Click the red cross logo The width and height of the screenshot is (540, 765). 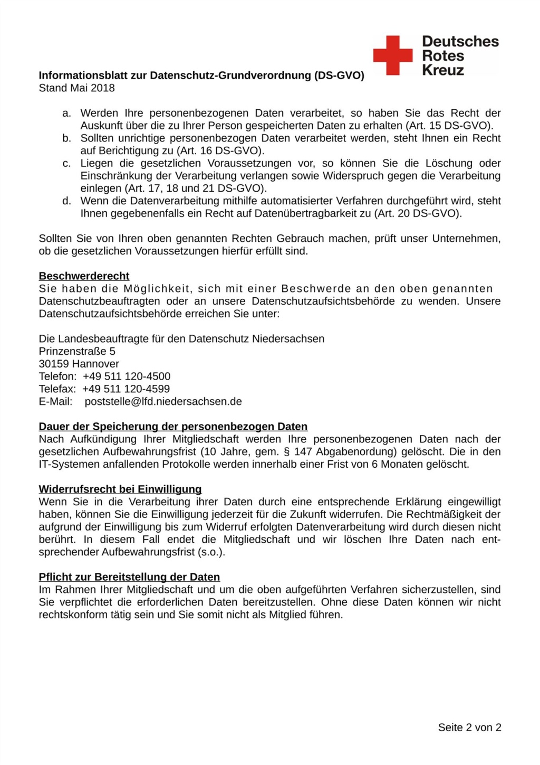pyautogui.click(x=393, y=55)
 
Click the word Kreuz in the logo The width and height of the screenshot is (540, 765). pyautogui.click(x=443, y=70)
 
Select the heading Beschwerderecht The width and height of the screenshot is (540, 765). pyautogui.click(x=84, y=276)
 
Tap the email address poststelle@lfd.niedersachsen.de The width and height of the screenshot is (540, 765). pyautogui.click(x=163, y=402)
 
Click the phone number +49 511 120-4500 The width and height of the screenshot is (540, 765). pyautogui.click(x=127, y=376)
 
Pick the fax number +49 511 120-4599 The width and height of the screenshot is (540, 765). pyautogui.click(x=126, y=389)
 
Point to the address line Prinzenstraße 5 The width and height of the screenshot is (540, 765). pyautogui.click(x=77, y=352)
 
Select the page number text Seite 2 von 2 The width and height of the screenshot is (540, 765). pyautogui.click(x=469, y=728)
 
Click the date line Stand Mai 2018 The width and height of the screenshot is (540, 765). pyautogui.click(x=76, y=88)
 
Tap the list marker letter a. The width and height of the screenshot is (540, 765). pyautogui.click(x=66, y=114)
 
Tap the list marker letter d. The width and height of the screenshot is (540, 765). pyautogui.click(x=66, y=201)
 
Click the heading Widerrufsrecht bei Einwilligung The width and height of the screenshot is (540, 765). pyautogui.click(x=120, y=489)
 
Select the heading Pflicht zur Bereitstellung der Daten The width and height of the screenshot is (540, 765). pyautogui.click(x=129, y=577)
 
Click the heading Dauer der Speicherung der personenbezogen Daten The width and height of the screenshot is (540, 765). pyautogui.click(x=173, y=427)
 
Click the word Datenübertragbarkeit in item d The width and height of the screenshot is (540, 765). pyautogui.click(x=313, y=214)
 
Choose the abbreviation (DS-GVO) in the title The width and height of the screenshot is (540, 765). pyautogui.click(x=339, y=75)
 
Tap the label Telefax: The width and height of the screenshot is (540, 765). pyautogui.click(x=57, y=389)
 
